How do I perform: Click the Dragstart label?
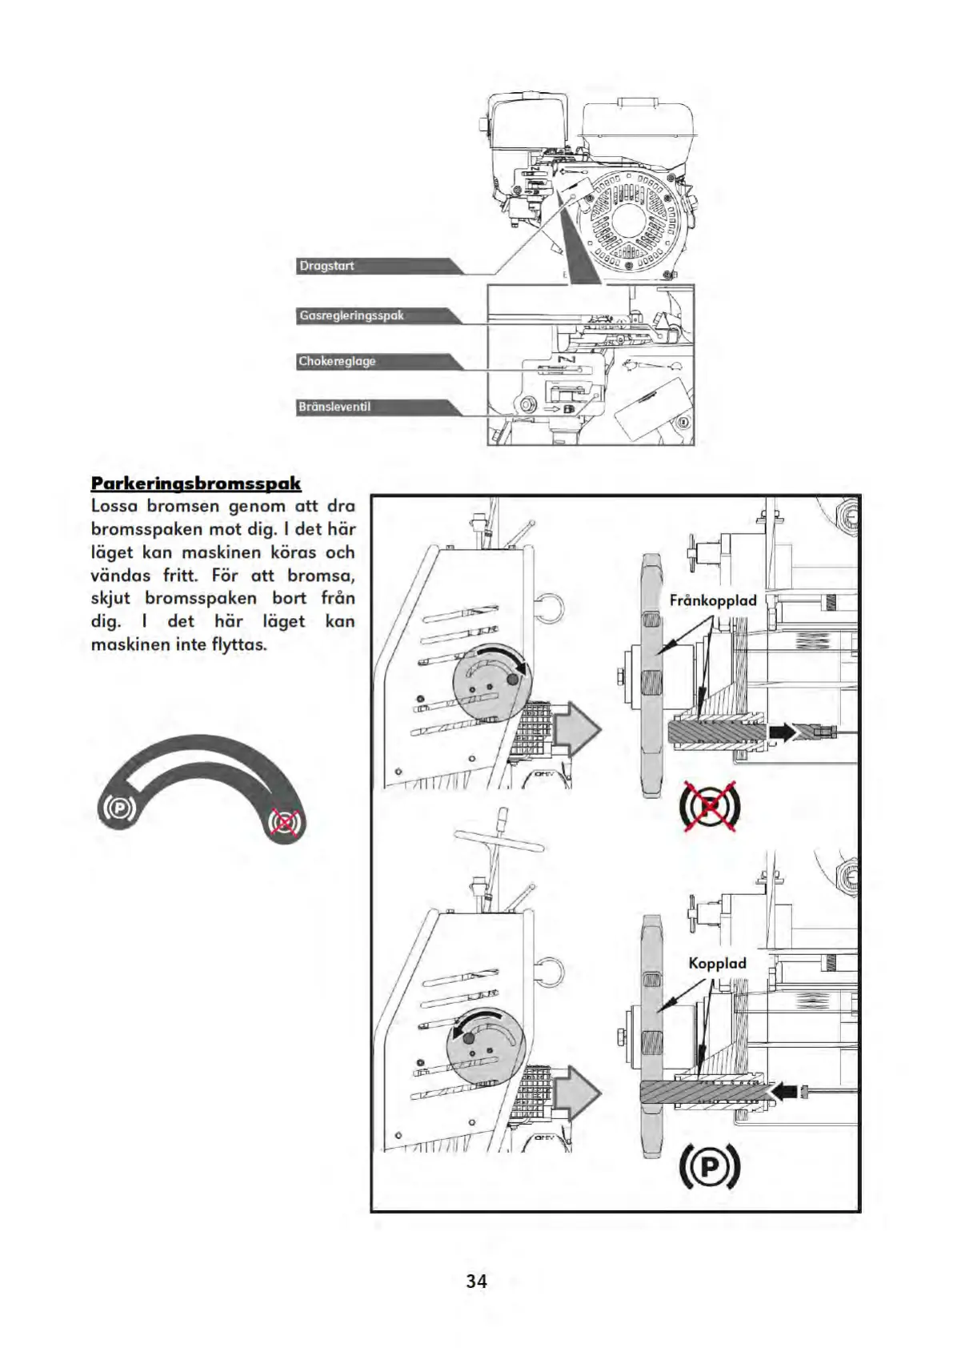[326, 266]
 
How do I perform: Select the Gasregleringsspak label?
[351, 315]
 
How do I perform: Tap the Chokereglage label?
[337, 361]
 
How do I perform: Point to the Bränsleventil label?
[334, 407]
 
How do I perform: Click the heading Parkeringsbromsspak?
[196, 483]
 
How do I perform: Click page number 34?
[476, 1282]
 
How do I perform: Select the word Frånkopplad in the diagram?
[712, 600]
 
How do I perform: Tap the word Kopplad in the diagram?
[717, 963]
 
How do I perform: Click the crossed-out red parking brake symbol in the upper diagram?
[710, 806]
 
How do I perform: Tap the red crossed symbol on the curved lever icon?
[285, 821]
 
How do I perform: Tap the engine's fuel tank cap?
[638, 102]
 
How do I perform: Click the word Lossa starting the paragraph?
[114, 506]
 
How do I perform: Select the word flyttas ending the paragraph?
[238, 644]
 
